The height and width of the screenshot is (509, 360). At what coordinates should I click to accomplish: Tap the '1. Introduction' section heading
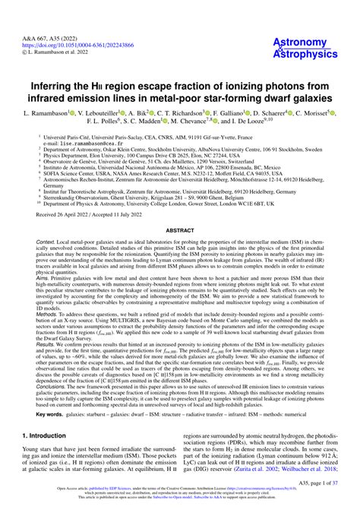pos(49,436)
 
